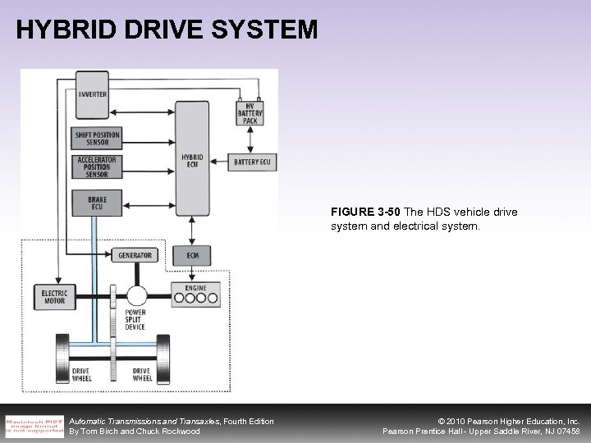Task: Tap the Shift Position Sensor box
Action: pos(98,139)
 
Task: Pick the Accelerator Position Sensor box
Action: pos(98,167)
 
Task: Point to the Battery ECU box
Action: pos(251,162)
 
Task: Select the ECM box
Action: pos(193,255)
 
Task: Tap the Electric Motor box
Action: pos(54,296)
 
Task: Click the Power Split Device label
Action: pos(135,319)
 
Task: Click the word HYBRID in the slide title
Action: pos(57,30)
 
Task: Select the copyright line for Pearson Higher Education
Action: pos(497,421)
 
